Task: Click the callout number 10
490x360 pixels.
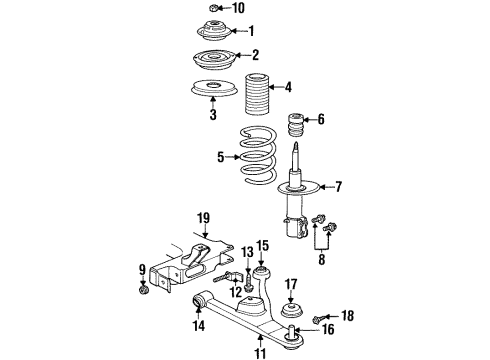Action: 237,8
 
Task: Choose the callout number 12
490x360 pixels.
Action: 237,292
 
